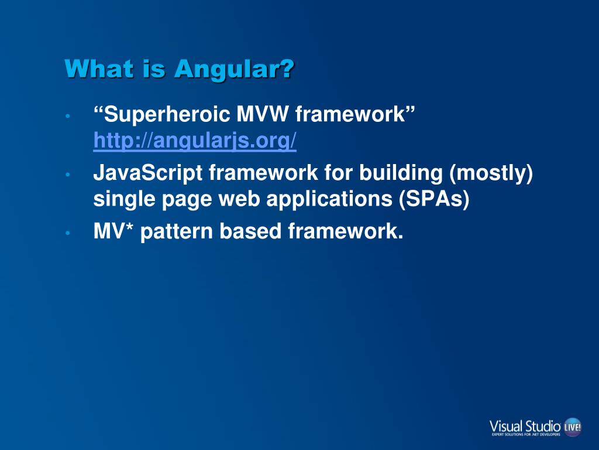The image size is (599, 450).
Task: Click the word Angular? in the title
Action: pyautogui.click(x=234, y=69)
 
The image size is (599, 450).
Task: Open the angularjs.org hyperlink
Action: pyautogui.click(x=195, y=141)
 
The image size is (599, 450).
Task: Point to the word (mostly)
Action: pyautogui.click(x=491, y=173)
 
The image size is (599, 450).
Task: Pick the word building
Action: pyautogui.click(x=401, y=173)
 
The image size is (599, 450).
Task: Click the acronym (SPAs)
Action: pyautogui.click(x=434, y=199)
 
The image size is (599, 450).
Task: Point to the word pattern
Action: pyautogui.click(x=177, y=232)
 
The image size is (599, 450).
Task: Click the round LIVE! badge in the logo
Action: pyautogui.click(x=573, y=427)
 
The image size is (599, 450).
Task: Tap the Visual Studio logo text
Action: pyautogui.click(x=525, y=427)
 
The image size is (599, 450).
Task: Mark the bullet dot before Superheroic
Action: pyautogui.click(x=68, y=115)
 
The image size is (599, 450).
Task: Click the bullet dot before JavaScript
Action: pyautogui.click(x=68, y=175)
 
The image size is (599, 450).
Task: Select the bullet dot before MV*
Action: pyautogui.click(x=68, y=233)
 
